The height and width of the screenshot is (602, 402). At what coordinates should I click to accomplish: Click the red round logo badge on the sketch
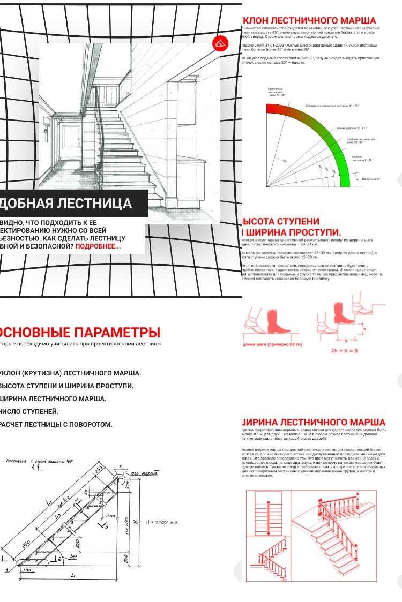[x=219, y=43]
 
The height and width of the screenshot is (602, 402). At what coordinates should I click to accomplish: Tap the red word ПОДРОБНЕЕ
[x=98, y=246]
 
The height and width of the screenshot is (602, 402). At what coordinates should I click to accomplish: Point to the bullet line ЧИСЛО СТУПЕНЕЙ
[x=29, y=411]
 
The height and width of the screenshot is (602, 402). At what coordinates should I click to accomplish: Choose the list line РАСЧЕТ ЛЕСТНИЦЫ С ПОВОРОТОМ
[x=56, y=424]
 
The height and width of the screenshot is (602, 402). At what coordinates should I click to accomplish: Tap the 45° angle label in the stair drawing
[x=73, y=557]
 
